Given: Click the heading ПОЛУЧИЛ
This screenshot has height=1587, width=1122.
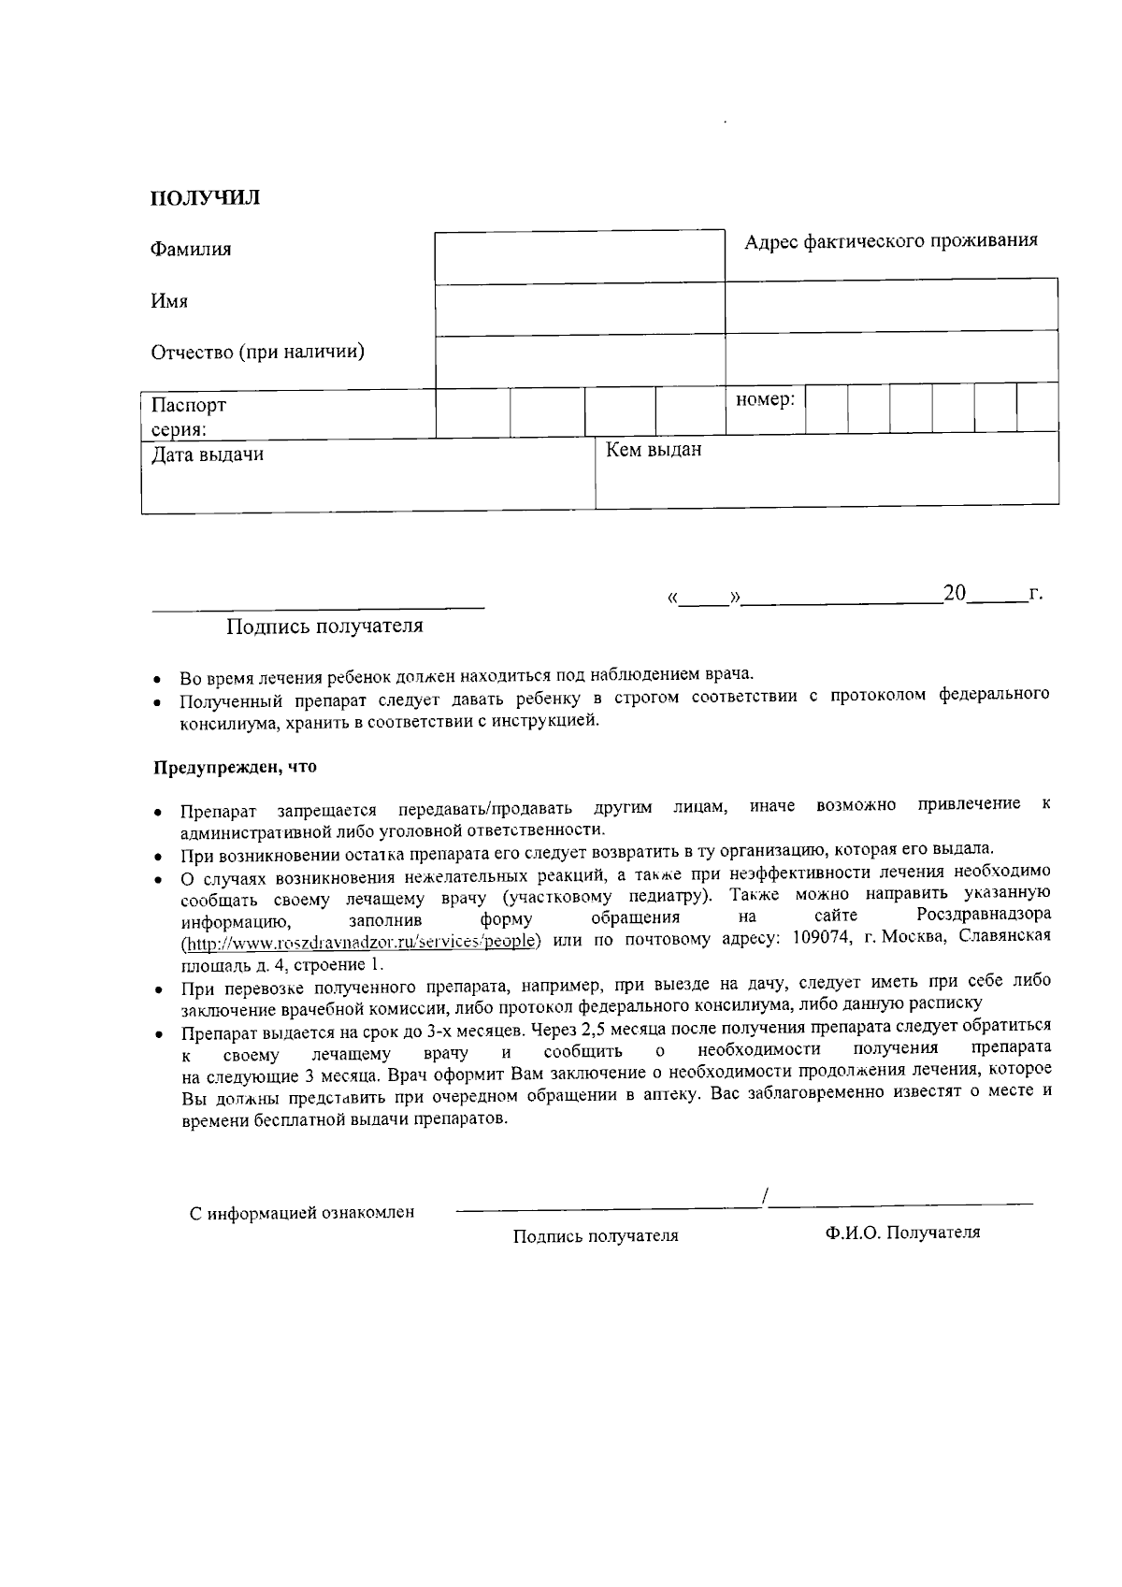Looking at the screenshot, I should pyautogui.click(x=206, y=198).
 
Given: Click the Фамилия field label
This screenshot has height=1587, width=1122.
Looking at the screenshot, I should pyautogui.click(x=191, y=250).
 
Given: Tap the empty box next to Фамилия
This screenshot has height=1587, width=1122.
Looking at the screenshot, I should pyautogui.click(x=579, y=257).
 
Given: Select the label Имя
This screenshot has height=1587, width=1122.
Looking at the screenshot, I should pyautogui.click(x=169, y=301).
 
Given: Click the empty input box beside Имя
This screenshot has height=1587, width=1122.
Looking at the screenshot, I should pyautogui.click(x=579, y=310).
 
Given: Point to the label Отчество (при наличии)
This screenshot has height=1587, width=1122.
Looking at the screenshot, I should pyautogui.click(x=258, y=353).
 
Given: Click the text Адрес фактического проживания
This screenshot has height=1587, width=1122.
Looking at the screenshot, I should pyautogui.click(x=890, y=241).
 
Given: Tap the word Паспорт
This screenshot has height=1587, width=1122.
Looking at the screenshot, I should pyautogui.click(x=189, y=406).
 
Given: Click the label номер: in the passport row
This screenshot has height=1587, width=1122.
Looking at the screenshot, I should pyautogui.click(x=765, y=400).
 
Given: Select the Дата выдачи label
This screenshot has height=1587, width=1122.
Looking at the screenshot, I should pyautogui.click(x=208, y=455).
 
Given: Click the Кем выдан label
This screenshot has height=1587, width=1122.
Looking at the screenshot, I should pyautogui.click(x=654, y=451).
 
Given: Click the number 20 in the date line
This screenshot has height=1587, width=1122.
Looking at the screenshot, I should pyautogui.click(x=955, y=593).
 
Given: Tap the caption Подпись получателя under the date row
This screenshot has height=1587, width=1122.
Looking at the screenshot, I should pyautogui.click(x=324, y=627).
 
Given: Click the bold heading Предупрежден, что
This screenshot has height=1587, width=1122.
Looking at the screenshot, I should pyautogui.click(x=235, y=768).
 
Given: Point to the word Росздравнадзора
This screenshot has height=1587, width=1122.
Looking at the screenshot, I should pyautogui.click(x=984, y=915).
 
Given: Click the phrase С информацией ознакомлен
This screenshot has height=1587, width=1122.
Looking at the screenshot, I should pyautogui.click(x=302, y=1214).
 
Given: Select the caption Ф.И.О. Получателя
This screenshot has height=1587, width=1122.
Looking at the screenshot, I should pyautogui.click(x=902, y=1233).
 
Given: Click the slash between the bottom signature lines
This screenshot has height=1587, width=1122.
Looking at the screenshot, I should pyautogui.click(x=765, y=1196).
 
